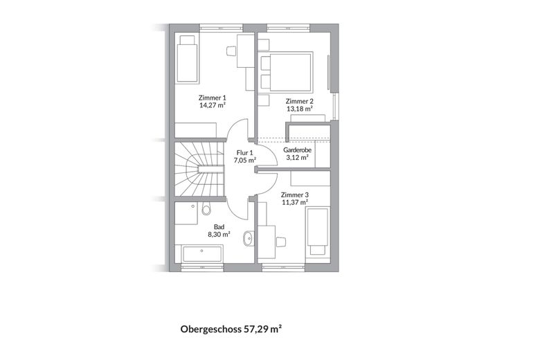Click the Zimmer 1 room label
[x=212, y=98]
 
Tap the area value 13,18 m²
[x=299, y=109]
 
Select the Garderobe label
[x=297, y=150]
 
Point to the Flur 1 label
[x=245, y=153]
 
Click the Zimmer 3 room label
[x=295, y=195]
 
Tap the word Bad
[x=219, y=227]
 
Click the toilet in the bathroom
[x=206, y=208]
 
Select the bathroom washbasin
[x=248, y=238]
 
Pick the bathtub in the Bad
[x=202, y=254]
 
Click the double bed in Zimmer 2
[x=287, y=72]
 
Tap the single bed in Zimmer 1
[x=187, y=59]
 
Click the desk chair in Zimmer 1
[x=231, y=51]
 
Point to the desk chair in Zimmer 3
[x=281, y=242]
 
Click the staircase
[x=199, y=170]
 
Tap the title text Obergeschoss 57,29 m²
[x=231, y=329]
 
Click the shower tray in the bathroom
[x=186, y=214]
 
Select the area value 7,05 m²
[x=245, y=161]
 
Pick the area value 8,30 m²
[x=219, y=235]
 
